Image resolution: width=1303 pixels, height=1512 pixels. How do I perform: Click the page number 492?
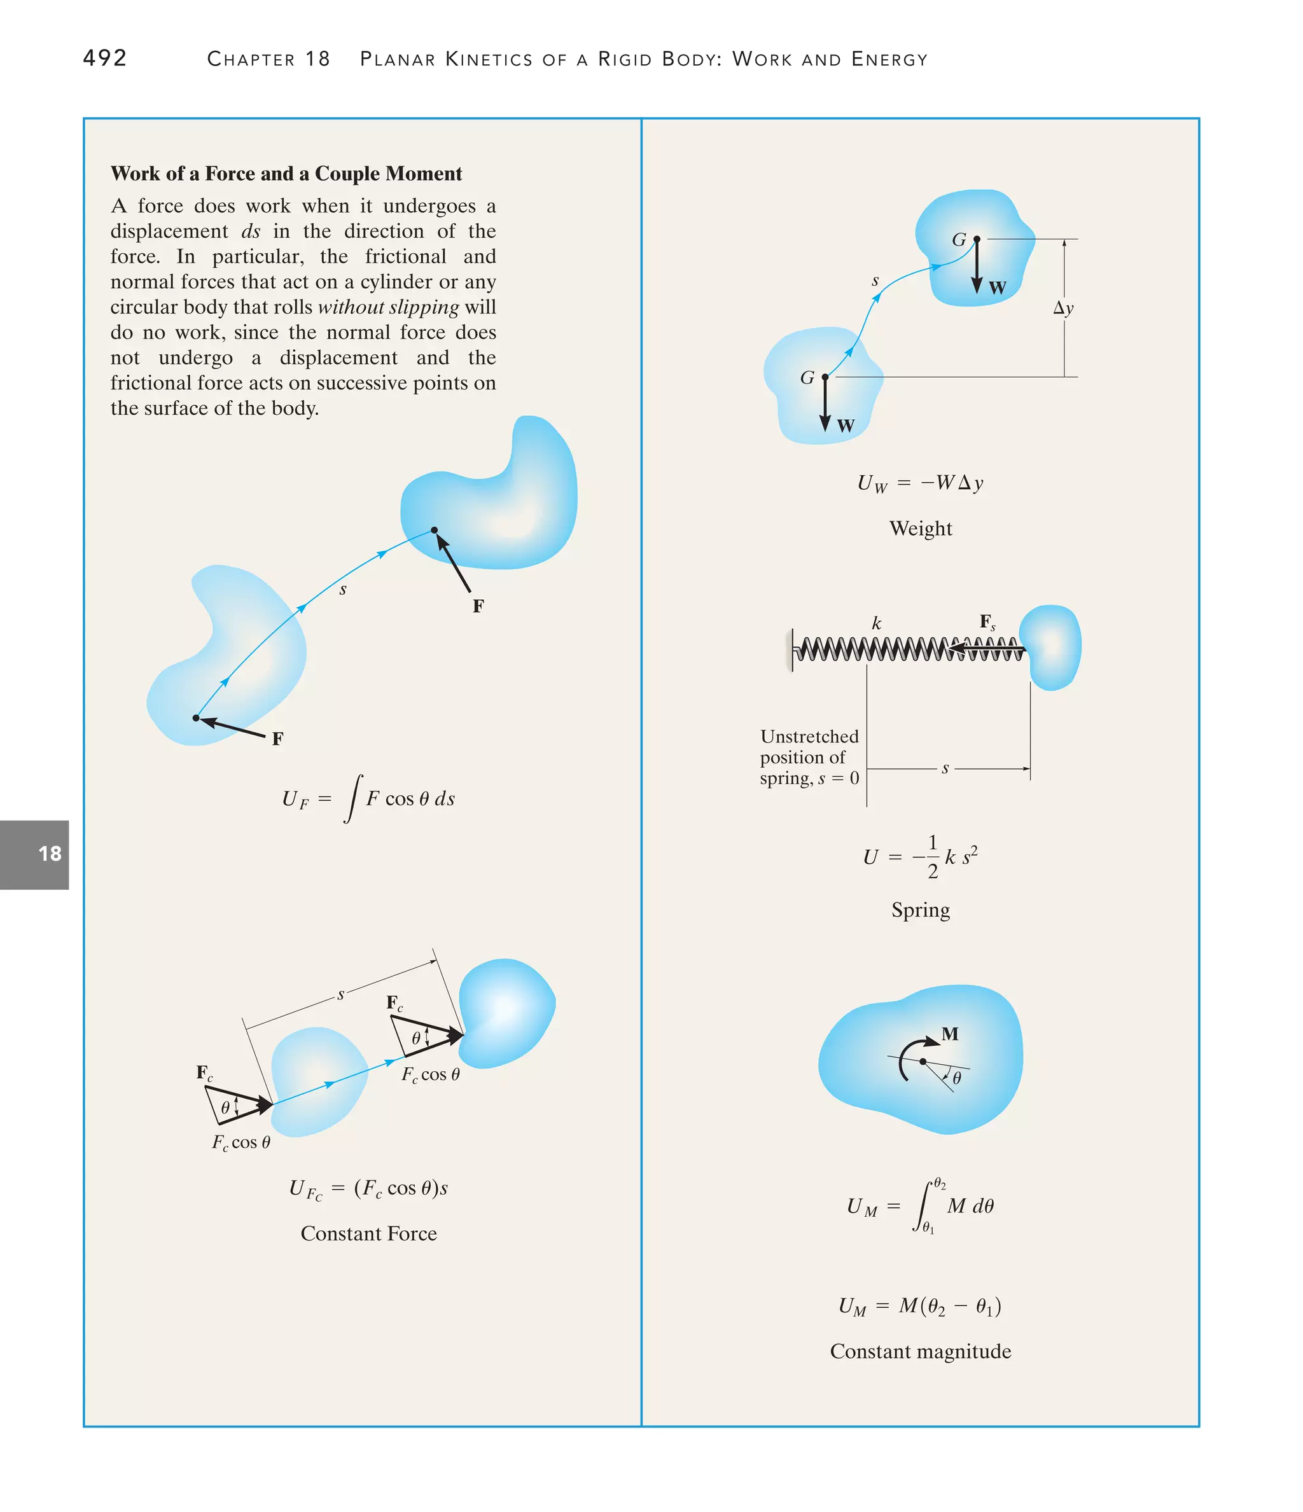(x=105, y=58)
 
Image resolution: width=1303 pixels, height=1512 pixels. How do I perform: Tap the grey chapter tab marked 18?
(x=34, y=854)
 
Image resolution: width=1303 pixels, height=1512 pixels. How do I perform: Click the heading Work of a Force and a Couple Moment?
(x=286, y=174)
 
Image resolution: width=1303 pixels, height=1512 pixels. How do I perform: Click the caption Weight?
(x=921, y=529)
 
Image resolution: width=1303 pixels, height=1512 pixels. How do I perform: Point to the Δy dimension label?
(x=1064, y=307)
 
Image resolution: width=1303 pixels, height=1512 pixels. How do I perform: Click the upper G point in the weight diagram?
(x=976, y=239)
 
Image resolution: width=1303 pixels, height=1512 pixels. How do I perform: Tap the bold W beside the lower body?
(x=846, y=426)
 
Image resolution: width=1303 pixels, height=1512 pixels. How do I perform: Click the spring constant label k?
(x=876, y=623)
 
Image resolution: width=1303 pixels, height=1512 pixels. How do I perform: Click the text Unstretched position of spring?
(x=809, y=757)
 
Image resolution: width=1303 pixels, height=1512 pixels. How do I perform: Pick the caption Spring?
(x=921, y=910)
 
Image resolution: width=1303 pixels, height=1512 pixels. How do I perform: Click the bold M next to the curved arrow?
(x=950, y=1034)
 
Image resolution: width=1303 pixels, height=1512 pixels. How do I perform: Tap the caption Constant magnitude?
(x=921, y=1352)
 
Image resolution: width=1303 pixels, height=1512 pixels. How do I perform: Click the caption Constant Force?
(x=368, y=1233)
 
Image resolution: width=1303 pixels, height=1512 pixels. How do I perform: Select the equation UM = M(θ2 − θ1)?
(x=920, y=1306)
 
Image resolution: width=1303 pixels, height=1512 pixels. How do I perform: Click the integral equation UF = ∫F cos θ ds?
(x=368, y=799)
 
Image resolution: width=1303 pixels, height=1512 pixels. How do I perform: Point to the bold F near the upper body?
(x=478, y=606)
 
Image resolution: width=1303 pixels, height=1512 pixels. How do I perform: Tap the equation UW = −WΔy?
(x=920, y=483)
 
